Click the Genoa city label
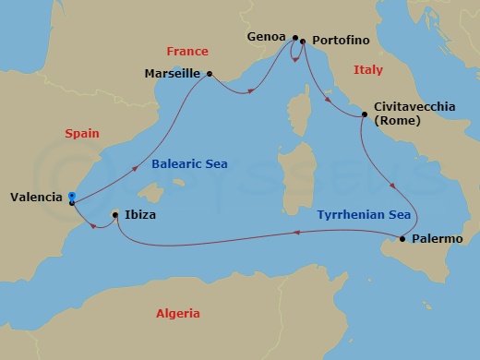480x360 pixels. [268, 39]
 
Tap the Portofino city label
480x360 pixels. [341, 42]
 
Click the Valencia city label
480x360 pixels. [36, 197]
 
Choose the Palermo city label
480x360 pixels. [438, 239]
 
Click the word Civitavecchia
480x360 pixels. [414, 107]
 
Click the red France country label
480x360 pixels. [188, 52]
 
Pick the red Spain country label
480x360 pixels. [82, 134]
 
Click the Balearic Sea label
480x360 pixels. [186, 166]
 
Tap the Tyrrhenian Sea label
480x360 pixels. [364, 215]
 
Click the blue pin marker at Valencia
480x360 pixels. [72, 196]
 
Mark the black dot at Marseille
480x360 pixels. [210, 74]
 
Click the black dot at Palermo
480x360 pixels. [402, 239]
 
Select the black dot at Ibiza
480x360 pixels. [114, 215]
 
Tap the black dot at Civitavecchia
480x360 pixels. [365, 114]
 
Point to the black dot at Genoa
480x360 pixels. [294, 39]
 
